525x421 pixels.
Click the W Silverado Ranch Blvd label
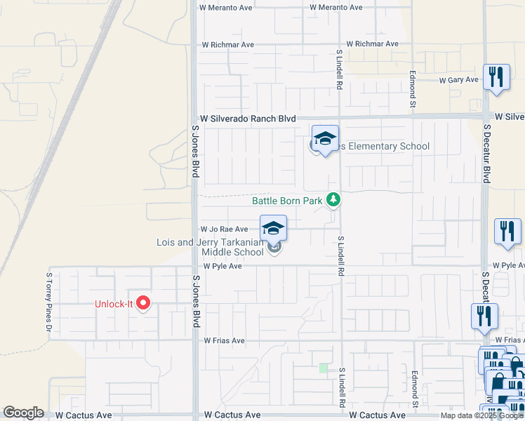pyautogui.click(x=248, y=119)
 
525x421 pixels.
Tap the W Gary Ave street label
pyautogui.click(x=458, y=80)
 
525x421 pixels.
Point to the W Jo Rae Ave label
pyautogui.click(x=224, y=229)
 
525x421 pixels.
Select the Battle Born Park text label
pyautogui.click(x=287, y=201)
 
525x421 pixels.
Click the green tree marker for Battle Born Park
pyautogui.click(x=333, y=201)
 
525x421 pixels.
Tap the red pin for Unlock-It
pyautogui.click(x=143, y=303)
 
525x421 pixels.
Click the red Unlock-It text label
pyautogui.click(x=114, y=304)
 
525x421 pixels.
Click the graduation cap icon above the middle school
pyautogui.click(x=274, y=228)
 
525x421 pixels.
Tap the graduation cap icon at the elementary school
pyautogui.click(x=325, y=138)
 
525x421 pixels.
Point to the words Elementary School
pyautogui.click(x=385, y=146)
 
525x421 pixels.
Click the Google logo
pyautogui.click(x=23, y=413)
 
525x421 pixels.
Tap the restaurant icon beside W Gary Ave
pyautogui.click(x=498, y=76)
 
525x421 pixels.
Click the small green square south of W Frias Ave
pyautogui.click(x=324, y=368)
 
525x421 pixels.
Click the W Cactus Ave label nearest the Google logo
pyautogui.click(x=84, y=415)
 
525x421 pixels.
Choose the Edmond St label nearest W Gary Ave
pyautogui.click(x=413, y=85)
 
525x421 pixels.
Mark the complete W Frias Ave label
pyautogui.click(x=224, y=341)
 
